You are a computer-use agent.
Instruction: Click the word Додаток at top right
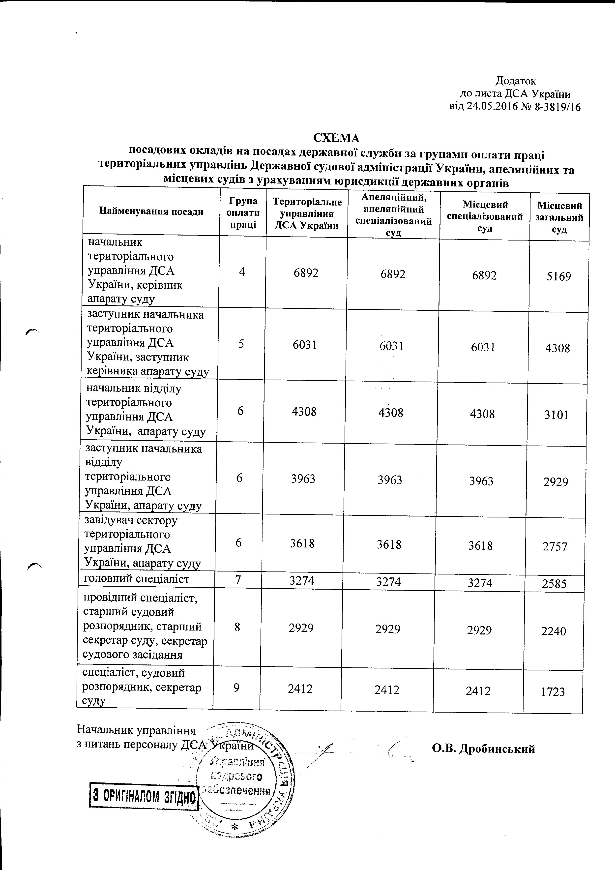coord(516,81)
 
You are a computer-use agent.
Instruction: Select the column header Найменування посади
coord(151,211)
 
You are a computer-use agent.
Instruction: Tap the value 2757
coord(555,546)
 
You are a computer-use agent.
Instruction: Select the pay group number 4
coord(242,272)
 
